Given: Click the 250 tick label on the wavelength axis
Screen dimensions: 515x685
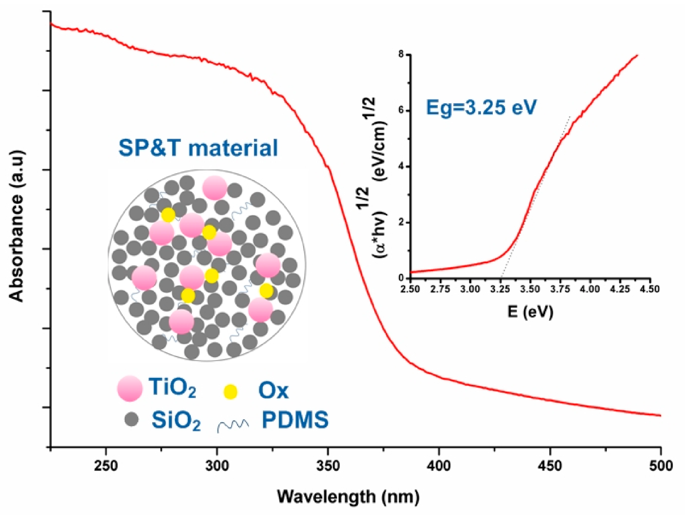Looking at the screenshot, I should (x=106, y=466).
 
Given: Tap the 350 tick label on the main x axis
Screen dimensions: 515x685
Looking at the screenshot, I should (x=328, y=466).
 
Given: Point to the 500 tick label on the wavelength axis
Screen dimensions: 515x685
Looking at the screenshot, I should (x=661, y=466).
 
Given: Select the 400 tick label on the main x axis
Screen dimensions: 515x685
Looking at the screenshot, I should (x=439, y=466).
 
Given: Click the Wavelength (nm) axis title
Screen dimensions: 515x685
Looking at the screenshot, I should (x=348, y=497).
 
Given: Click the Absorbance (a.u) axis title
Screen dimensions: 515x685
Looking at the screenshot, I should (x=17, y=226).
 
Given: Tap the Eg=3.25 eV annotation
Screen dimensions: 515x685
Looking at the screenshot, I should (x=481, y=107).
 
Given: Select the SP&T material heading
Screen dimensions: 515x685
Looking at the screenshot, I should (x=198, y=147).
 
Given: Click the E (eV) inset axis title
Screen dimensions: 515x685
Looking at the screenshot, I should (x=530, y=311).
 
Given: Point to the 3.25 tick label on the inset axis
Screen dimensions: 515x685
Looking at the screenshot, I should (x=500, y=289).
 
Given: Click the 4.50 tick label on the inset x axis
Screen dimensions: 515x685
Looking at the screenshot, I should (x=649, y=289).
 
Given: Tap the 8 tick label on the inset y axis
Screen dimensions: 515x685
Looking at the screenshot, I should (x=401, y=55).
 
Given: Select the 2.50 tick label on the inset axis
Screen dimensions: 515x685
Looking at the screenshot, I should (x=410, y=289).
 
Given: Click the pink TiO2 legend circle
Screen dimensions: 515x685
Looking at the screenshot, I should (x=130, y=388).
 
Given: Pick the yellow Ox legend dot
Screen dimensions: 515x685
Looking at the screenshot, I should (x=230, y=392).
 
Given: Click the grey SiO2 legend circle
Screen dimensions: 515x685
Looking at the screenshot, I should (x=131, y=419).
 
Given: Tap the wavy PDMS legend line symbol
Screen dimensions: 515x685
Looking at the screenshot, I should (x=233, y=425).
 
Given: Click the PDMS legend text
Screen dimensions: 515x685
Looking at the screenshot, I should (x=295, y=419).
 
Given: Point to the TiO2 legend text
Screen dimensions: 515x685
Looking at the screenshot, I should (x=172, y=388).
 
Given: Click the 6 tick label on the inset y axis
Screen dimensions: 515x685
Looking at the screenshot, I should (x=401, y=110).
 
